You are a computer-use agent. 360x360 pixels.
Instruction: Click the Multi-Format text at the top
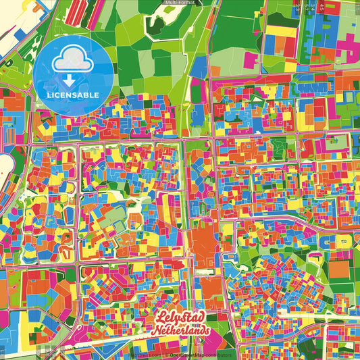[180, 3]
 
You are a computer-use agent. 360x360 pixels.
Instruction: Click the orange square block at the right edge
[340, 271]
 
